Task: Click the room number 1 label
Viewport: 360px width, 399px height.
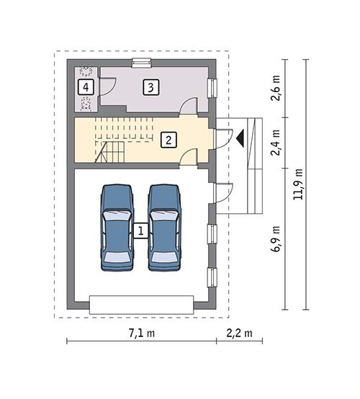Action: (x=141, y=231)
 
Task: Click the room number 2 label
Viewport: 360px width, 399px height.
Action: (x=167, y=139)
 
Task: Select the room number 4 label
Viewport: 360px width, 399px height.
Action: (x=86, y=87)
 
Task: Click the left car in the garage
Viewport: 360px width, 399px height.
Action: (x=117, y=227)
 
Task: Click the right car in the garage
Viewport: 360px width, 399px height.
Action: (x=164, y=227)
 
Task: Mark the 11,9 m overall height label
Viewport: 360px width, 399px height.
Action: (x=299, y=185)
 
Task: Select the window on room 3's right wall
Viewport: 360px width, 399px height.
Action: (x=212, y=88)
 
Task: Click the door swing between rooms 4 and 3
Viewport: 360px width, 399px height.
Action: (x=107, y=88)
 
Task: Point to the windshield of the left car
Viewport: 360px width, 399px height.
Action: (x=117, y=215)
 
